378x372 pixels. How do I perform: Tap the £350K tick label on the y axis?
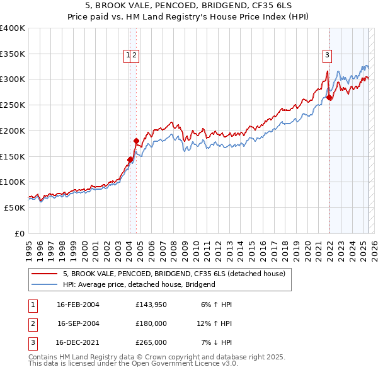[x=13, y=54]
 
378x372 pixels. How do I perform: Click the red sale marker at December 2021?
[x=329, y=98]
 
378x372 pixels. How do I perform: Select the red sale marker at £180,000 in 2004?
[x=136, y=141]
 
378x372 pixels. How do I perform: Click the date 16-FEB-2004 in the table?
[x=77, y=305]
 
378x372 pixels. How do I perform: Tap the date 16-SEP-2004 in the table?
[x=78, y=323]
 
